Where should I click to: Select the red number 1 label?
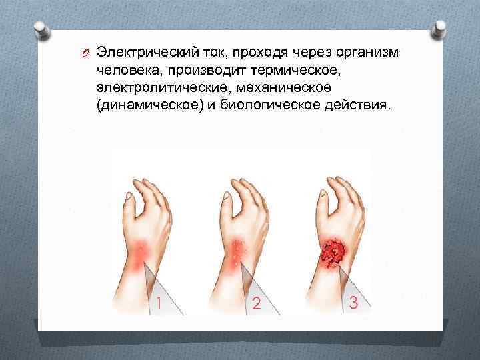158,304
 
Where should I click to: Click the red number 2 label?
255,304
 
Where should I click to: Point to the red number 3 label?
353,303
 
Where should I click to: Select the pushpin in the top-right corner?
441,31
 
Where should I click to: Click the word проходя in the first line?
243,53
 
